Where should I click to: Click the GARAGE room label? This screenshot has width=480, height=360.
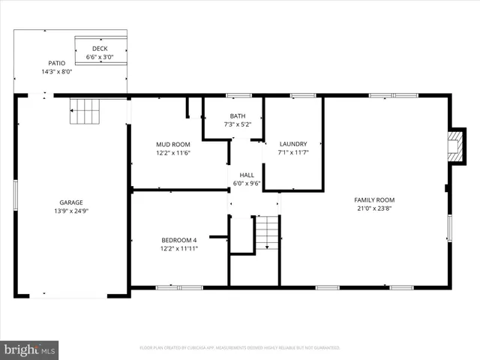(71, 202)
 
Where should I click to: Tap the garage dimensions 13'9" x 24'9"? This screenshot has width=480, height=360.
(71, 211)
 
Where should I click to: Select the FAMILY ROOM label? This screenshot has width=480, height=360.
(374, 199)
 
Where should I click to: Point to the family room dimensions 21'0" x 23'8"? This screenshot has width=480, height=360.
(374, 208)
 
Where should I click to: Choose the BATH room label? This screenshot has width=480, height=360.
(238, 115)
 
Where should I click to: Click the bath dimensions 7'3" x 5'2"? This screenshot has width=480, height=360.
(238, 124)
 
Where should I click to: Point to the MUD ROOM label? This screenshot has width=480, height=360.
(172, 144)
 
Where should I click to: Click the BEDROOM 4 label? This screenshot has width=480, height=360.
(178, 240)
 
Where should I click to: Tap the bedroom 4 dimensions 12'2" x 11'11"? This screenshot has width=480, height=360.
(178, 249)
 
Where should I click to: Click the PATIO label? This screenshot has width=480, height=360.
(57, 63)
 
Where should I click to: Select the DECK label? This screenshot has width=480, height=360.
(100, 48)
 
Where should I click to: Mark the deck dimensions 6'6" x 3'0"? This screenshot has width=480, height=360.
(100, 57)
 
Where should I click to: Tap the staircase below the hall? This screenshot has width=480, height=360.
(267, 232)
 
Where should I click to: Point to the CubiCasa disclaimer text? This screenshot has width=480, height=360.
(240, 348)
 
